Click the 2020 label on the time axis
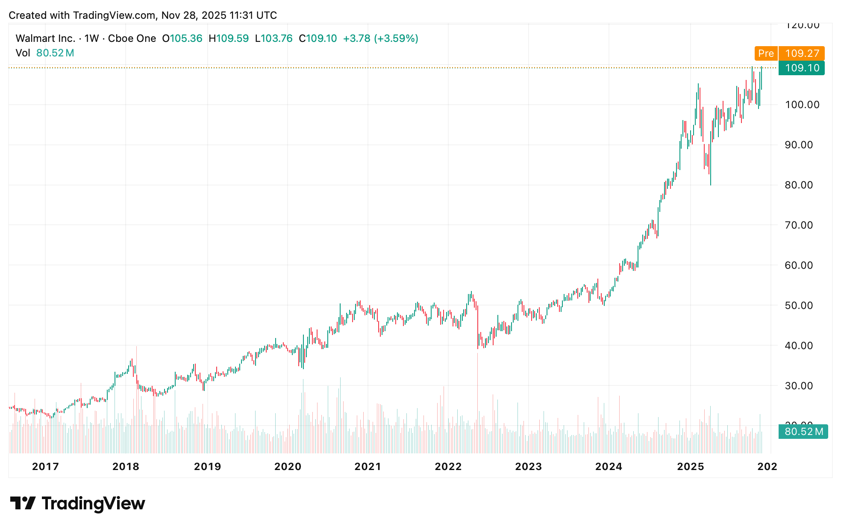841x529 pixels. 288,466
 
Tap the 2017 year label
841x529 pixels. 45,466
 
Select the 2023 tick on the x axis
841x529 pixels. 528,466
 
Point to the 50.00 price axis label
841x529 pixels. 799,306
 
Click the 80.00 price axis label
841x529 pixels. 799,185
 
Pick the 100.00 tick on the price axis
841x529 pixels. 802,105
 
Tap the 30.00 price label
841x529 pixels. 799,386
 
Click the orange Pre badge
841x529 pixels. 766,53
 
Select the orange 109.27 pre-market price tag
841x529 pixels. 802,53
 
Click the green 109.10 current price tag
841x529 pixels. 802,68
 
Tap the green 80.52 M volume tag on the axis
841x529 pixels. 803,432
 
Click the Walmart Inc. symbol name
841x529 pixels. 45,38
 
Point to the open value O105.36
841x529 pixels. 182,38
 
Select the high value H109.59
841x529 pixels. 229,38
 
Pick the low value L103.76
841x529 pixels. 273,38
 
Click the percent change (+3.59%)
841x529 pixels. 396,38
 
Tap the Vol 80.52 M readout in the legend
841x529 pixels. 45,53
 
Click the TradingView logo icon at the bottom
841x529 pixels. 23,503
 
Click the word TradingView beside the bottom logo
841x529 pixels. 93,503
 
